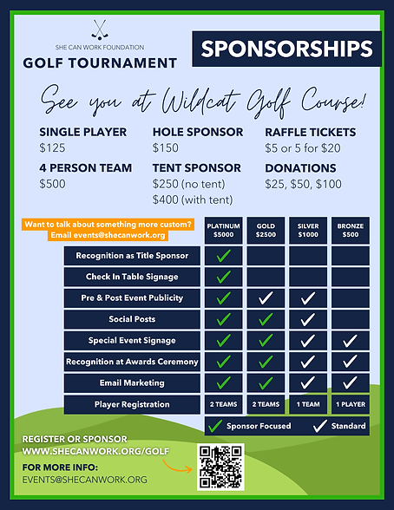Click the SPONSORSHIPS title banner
click(285, 49)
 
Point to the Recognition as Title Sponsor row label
click(132, 256)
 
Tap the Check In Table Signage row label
click(132, 277)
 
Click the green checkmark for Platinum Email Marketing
click(223, 382)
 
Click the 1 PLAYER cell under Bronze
click(350, 404)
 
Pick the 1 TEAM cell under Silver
click(308, 404)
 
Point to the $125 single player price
click(53, 147)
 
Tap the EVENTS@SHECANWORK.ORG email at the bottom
click(86, 480)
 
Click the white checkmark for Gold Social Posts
click(266, 319)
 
